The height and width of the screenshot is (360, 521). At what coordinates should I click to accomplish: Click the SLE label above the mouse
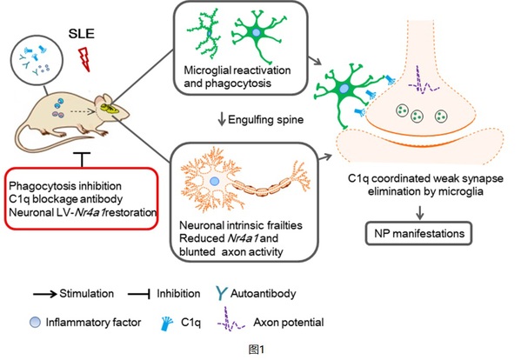[x=82, y=34]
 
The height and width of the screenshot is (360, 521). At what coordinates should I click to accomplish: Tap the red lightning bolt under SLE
[x=84, y=59]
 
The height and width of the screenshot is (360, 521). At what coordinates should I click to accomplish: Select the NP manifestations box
[x=418, y=233]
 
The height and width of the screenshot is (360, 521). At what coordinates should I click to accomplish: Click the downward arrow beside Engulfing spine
[x=222, y=119]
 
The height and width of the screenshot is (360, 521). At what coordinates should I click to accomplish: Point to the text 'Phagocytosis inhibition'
[x=65, y=185]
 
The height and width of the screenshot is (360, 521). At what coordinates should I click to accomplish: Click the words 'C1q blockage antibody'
[x=66, y=199]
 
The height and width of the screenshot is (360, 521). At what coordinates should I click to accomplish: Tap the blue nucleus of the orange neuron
[x=214, y=182]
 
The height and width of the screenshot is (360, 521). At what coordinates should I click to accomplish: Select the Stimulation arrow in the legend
[x=45, y=294]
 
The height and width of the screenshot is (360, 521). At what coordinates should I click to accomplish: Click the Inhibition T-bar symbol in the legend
[x=139, y=294]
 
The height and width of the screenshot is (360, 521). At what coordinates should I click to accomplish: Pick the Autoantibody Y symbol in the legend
[x=221, y=293]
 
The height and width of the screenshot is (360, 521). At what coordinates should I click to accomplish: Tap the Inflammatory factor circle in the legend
[x=35, y=323]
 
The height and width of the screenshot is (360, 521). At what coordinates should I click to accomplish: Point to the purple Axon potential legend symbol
[x=231, y=319]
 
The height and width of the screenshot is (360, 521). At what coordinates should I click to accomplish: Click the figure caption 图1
[x=257, y=350]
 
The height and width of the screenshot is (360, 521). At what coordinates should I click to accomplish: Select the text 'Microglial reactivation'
[x=237, y=70]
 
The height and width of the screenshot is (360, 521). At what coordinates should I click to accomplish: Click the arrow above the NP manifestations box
[x=420, y=212]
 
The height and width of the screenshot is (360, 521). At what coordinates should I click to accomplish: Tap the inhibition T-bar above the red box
[x=82, y=160]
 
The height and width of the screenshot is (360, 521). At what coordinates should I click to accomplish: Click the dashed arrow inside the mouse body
[x=83, y=112]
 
